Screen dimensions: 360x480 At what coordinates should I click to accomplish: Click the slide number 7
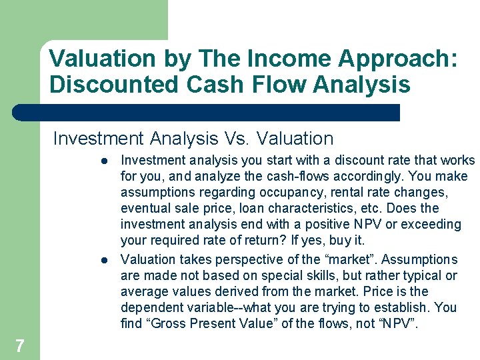tap(20, 345)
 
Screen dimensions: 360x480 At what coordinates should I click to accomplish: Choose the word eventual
tap(144, 209)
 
